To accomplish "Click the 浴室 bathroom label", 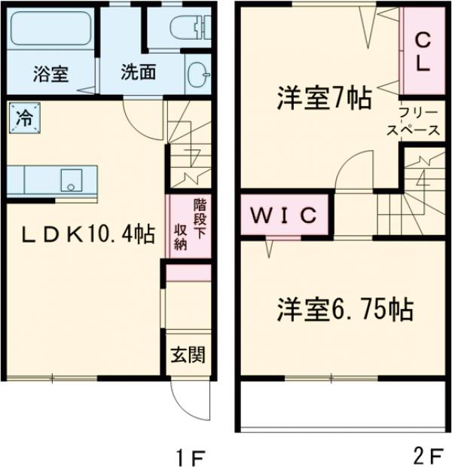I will click(x=50, y=74).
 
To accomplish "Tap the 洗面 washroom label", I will click(x=139, y=73).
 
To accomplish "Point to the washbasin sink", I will click(x=197, y=74).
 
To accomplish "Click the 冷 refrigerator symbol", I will click(x=24, y=117).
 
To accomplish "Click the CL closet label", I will click(x=423, y=51).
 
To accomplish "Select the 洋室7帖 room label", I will click(x=323, y=98).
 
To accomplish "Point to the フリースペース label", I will click(x=414, y=123).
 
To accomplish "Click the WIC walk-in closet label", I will click(x=283, y=215).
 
